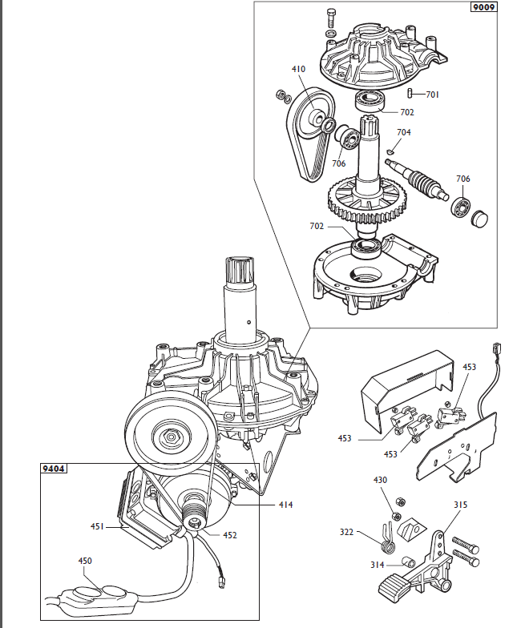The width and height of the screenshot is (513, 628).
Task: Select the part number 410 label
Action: pyautogui.click(x=298, y=70)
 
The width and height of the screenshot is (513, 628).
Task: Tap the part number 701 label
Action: pyautogui.click(x=432, y=95)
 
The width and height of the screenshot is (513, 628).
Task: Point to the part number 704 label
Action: pyautogui.click(x=404, y=132)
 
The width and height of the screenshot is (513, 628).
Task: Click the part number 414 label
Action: pyautogui.click(x=286, y=505)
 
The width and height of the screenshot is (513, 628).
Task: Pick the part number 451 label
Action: pyautogui.click(x=98, y=526)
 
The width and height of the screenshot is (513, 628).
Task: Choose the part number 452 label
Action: pyautogui.click(x=228, y=535)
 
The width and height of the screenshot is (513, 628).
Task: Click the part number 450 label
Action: pyautogui.click(x=85, y=561)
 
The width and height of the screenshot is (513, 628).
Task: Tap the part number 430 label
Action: pyautogui.click(x=380, y=480)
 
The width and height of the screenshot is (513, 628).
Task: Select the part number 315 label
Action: pyautogui.click(x=460, y=505)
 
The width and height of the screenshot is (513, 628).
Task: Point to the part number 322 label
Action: pyautogui.click(x=346, y=532)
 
